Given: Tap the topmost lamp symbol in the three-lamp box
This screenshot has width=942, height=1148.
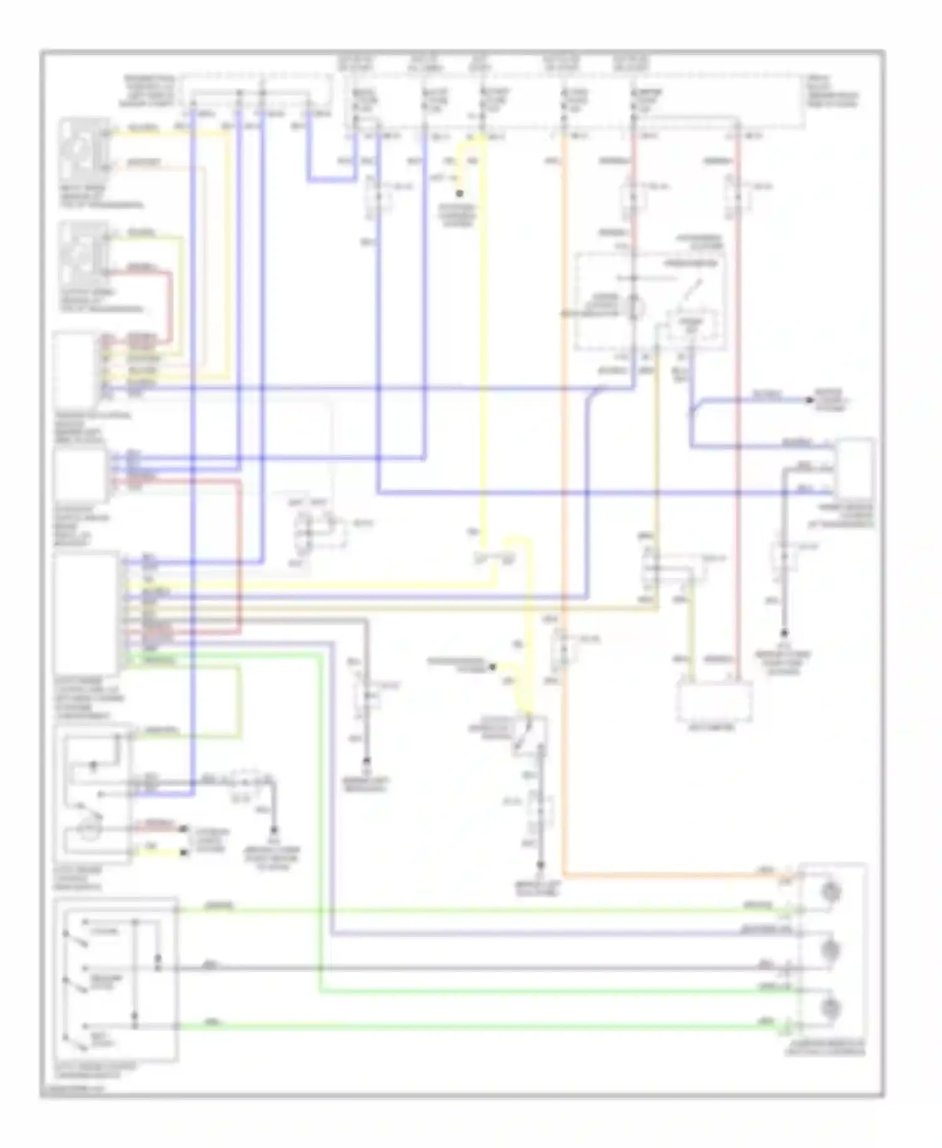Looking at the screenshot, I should tap(831, 892).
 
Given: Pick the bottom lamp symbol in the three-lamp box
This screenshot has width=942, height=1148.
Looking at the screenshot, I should tap(831, 1007).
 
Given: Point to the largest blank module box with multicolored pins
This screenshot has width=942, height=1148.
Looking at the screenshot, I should tap(86, 612).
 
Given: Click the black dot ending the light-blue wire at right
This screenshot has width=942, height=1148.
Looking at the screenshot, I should tap(811, 399).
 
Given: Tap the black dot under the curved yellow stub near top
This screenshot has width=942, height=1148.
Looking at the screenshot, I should tap(460, 193).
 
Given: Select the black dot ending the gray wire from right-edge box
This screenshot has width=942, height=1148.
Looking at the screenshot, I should tap(784, 633).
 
